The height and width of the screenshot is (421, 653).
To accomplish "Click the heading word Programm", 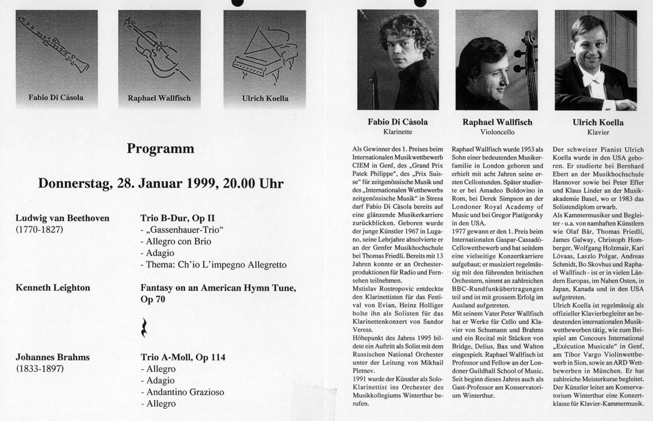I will (160, 149).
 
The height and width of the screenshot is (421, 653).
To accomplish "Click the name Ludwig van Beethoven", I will (63, 218).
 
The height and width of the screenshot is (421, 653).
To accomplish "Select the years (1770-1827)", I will (39, 229).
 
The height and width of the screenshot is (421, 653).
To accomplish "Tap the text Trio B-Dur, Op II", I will (177, 218).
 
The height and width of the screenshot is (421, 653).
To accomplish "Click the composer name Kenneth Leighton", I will (53, 287).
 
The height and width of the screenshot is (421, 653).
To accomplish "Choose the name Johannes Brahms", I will (53, 357).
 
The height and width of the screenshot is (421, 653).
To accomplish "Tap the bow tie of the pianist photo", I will (593, 76).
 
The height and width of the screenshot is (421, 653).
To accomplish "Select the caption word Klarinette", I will (397, 132).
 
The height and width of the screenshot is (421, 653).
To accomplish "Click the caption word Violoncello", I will (497, 132).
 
